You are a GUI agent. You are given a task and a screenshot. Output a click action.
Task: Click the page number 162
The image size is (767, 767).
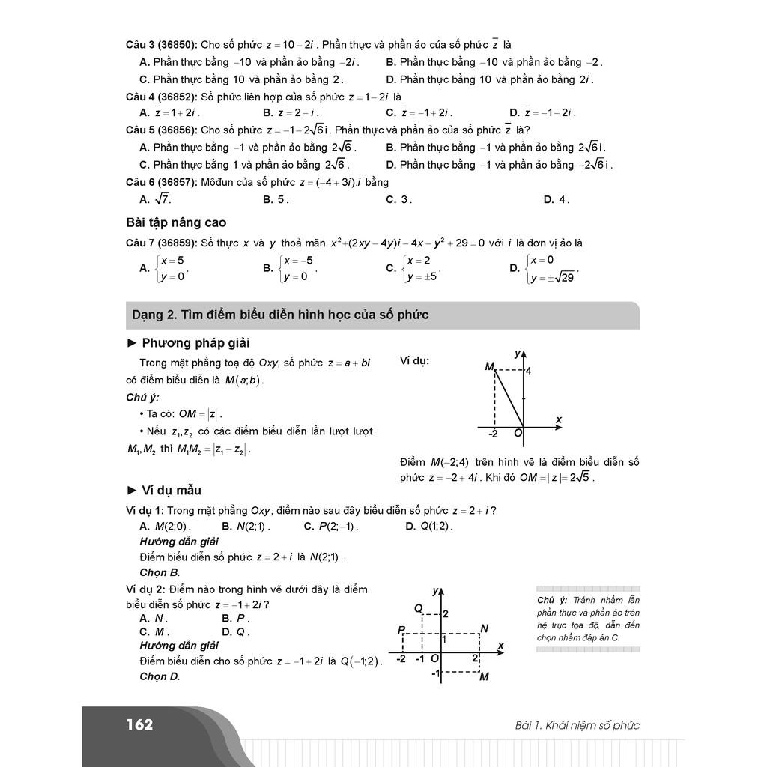point(139,724)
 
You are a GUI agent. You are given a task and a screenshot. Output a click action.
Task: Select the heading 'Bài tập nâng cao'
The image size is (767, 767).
point(176,222)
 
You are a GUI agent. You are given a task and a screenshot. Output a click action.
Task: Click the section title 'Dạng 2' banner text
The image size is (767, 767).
point(280,315)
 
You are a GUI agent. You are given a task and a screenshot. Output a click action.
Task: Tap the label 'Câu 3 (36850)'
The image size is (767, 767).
point(160,45)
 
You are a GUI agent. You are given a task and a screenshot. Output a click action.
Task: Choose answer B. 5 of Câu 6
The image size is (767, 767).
point(276,199)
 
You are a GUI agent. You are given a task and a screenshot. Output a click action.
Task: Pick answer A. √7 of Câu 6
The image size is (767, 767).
point(156,199)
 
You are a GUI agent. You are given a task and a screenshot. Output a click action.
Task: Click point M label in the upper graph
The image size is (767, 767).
point(489,366)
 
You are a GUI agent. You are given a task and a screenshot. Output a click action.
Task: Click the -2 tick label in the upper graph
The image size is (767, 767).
point(493,434)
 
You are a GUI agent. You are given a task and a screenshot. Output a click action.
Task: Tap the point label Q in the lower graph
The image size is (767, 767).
point(418,607)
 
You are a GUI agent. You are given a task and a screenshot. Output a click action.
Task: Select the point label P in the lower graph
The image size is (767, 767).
point(401,630)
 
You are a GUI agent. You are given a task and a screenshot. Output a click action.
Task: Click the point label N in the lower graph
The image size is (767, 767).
point(484,628)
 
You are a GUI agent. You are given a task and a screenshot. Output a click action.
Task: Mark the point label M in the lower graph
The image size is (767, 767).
point(484,677)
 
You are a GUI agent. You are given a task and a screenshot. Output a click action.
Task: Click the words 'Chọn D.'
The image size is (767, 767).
point(160,676)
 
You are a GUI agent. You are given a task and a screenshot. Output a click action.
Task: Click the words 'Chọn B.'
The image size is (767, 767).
point(160,572)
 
